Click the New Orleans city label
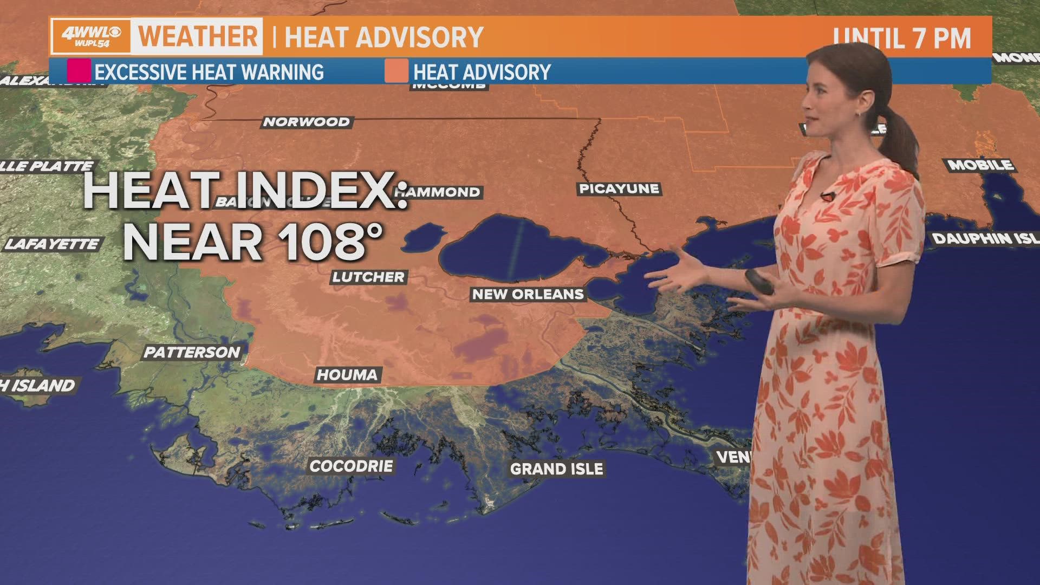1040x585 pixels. click(528, 294)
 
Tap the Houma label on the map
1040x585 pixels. click(347, 374)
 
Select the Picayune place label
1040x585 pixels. click(619, 188)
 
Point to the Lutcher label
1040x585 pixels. click(368, 277)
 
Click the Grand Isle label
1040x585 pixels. click(556, 469)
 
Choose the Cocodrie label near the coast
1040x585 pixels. click(351, 466)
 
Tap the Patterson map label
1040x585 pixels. click(192, 352)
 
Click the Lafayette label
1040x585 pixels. click(53, 244)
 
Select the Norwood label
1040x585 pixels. click(307, 122)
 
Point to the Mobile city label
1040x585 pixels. click(980, 165)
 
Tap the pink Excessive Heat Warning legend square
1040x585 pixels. click(79, 71)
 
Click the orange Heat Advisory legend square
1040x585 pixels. click(396, 71)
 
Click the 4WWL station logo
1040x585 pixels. click(91, 36)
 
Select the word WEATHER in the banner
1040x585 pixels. click(198, 36)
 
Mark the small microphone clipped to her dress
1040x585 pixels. click(826, 196)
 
